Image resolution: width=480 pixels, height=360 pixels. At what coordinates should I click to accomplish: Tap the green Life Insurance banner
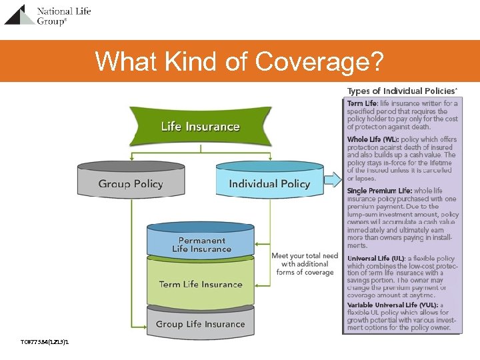click(200, 127)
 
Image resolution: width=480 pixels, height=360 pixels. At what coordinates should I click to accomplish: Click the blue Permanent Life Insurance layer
click(201, 241)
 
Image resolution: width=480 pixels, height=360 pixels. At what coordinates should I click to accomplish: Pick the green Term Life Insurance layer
click(201, 284)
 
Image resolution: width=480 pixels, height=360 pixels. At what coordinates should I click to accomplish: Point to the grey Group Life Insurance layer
click(201, 323)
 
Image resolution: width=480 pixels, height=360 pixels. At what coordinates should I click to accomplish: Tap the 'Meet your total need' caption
click(305, 263)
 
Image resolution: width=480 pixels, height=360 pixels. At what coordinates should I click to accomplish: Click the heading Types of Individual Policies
click(402, 91)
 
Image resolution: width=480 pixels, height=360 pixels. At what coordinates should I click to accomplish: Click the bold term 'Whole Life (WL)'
click(373, 139)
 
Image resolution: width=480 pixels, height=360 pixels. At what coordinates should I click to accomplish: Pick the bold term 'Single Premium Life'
click(379, 191)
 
